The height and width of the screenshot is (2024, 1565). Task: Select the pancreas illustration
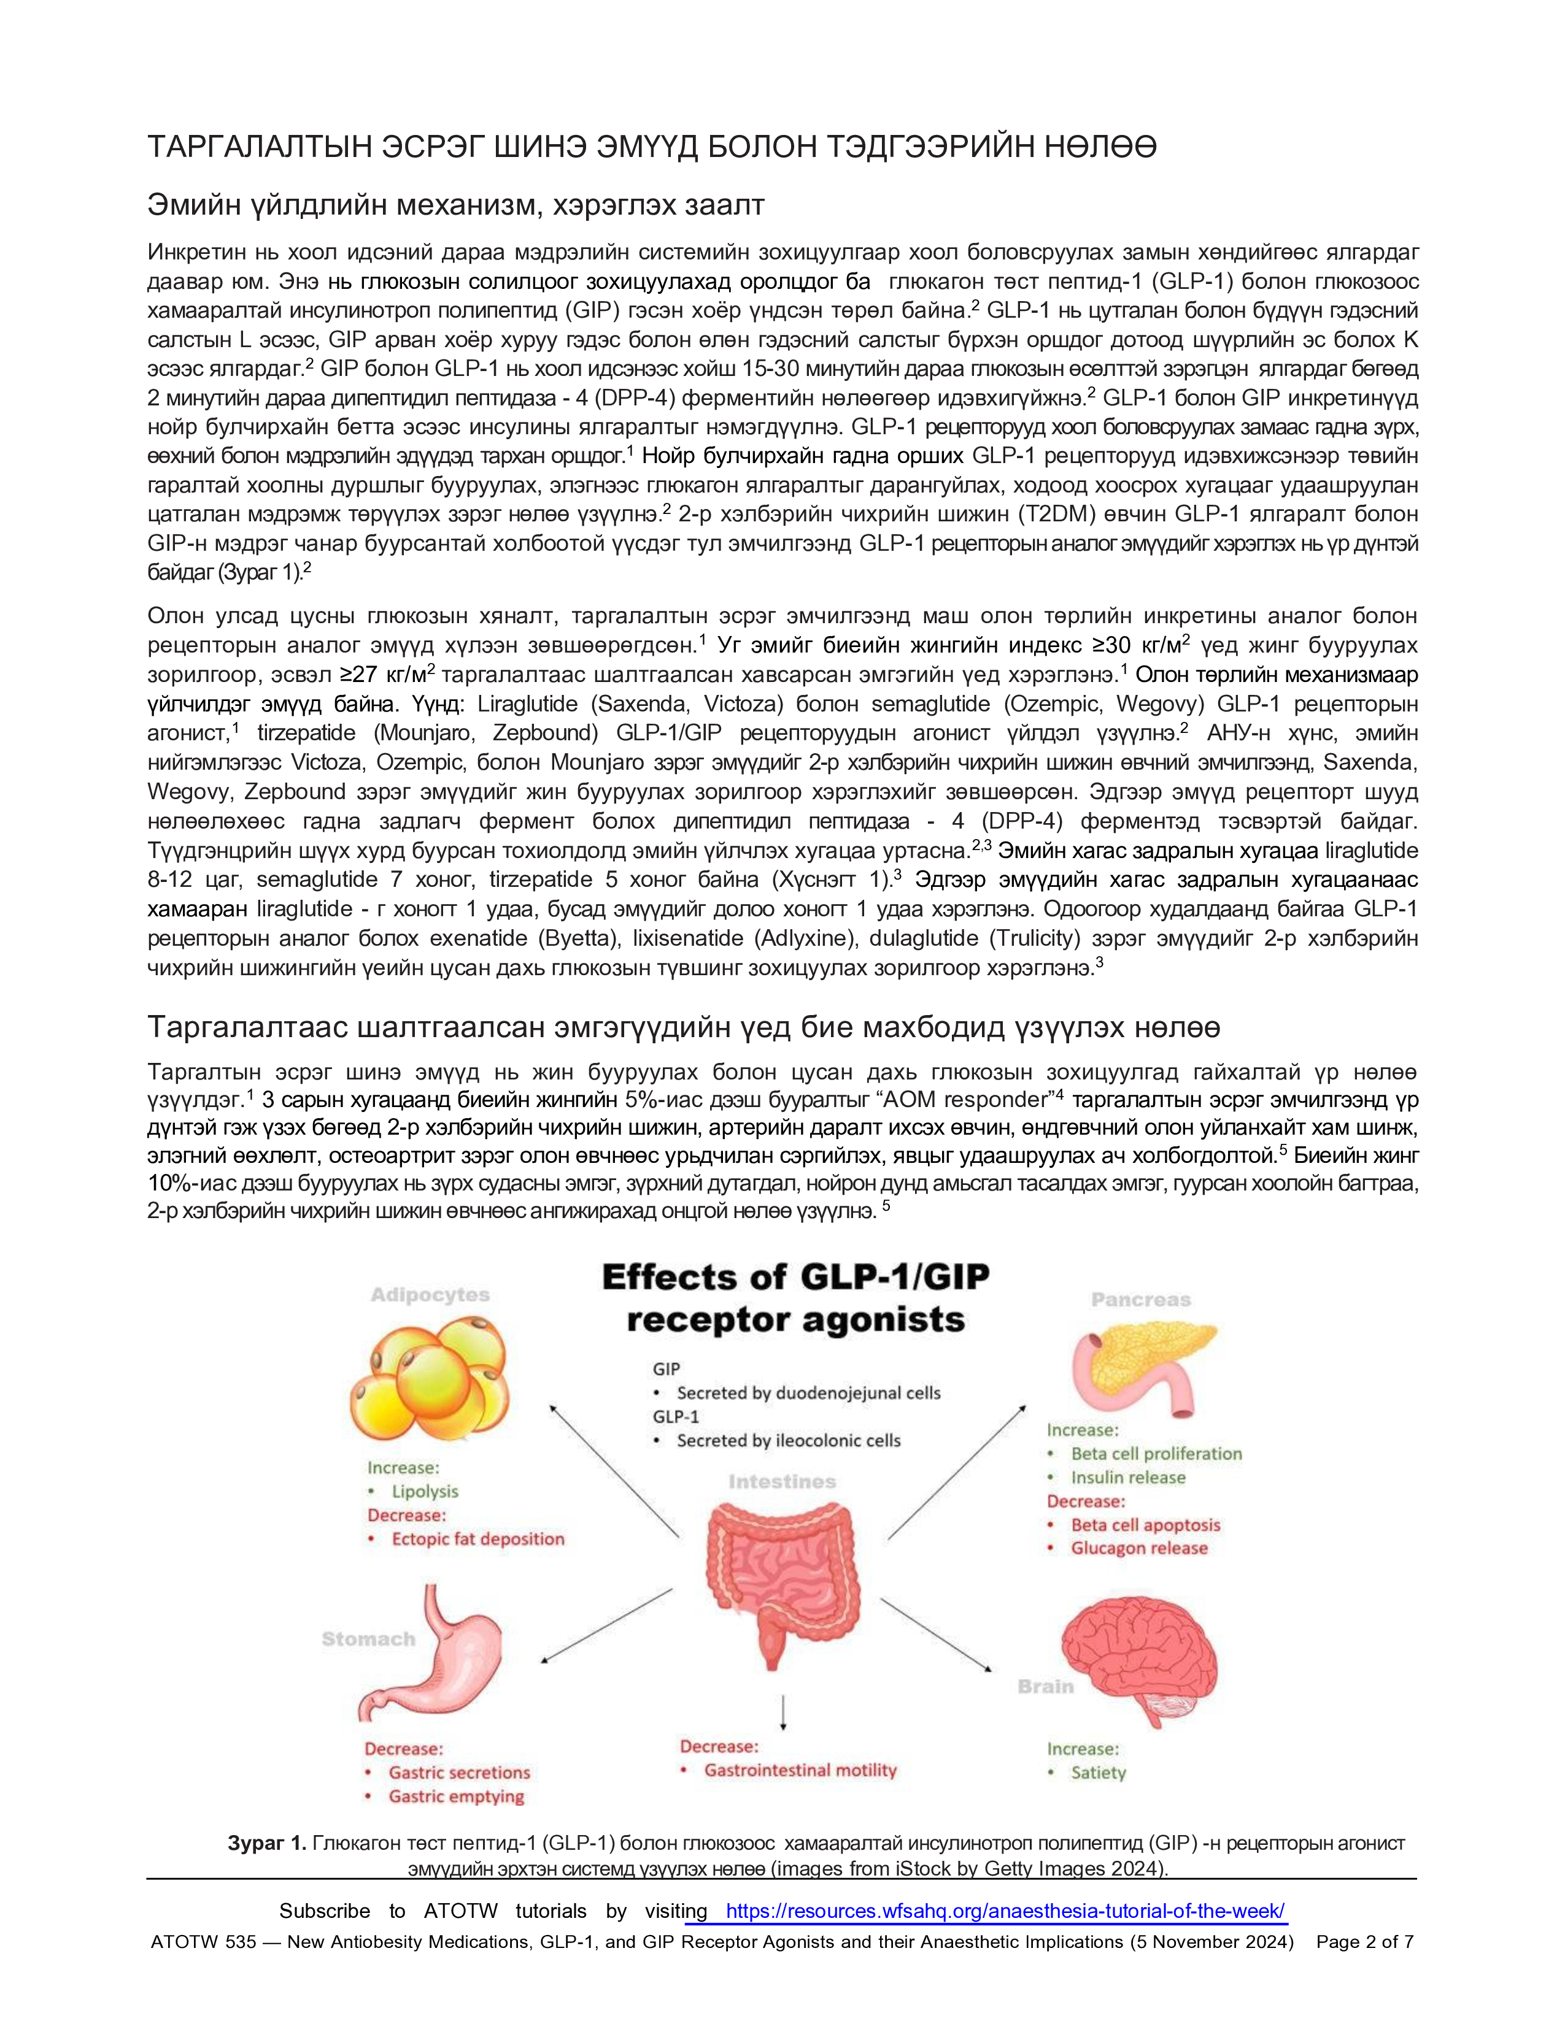[1143, 1363]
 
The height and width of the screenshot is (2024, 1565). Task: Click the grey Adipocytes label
[430, 1295]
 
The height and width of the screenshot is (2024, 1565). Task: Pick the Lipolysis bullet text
[425, 1491]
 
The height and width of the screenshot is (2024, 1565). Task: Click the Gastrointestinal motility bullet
[800, 1770]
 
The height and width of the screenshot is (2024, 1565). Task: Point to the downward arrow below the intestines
[784, 1712]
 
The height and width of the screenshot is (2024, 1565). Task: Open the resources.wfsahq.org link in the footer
[1005, 1911]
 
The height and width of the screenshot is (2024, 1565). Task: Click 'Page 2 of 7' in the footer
[1365, 1942]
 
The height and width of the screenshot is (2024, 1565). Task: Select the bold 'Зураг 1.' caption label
[267, 1843]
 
